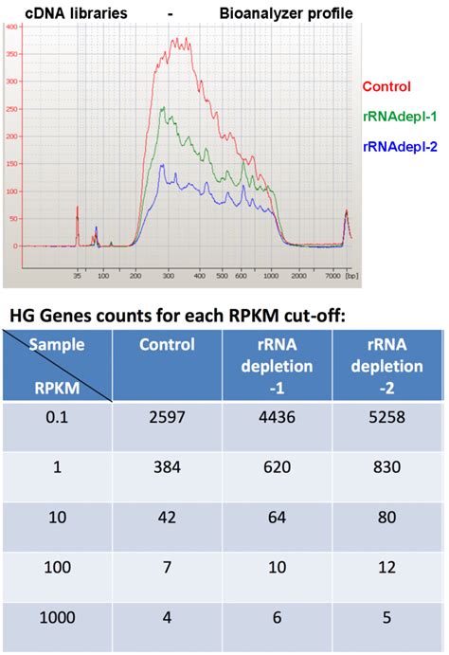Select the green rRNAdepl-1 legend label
click(x=398, y=117)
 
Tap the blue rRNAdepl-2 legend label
click(x=398, y=147)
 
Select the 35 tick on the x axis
click(x=77, y=276)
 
